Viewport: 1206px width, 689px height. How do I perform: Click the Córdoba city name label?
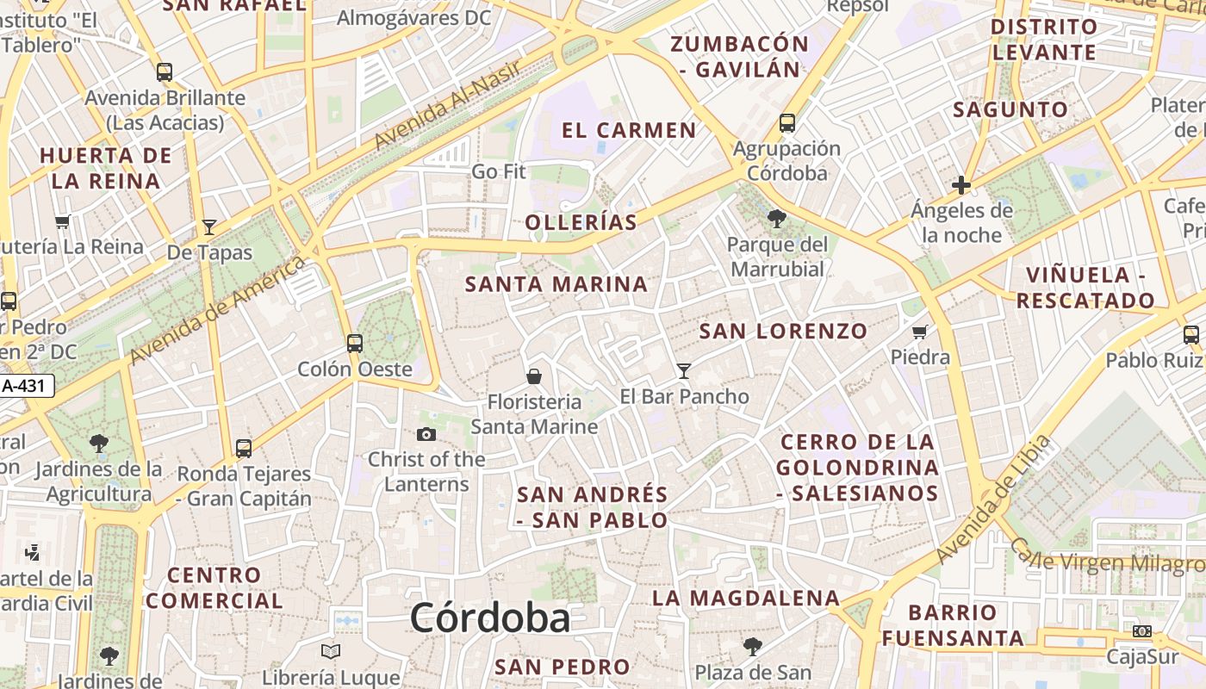489,618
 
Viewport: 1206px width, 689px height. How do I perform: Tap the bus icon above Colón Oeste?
354,343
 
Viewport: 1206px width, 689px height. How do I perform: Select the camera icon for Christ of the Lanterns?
426,434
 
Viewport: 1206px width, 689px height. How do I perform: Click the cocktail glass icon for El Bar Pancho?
684,370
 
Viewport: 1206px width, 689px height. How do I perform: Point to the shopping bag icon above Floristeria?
534,376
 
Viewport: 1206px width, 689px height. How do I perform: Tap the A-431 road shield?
27,386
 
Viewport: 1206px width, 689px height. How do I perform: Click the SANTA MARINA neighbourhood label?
556,284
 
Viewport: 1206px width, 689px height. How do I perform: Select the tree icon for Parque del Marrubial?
776,219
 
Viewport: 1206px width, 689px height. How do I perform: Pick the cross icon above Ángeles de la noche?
961,185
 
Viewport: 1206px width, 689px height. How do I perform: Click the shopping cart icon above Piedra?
920,332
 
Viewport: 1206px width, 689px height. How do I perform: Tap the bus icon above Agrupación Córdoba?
787,122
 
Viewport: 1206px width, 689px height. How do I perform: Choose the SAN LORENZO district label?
783,331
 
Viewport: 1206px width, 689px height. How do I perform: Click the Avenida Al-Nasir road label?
448,104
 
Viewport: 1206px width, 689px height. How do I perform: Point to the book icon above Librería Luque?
331,651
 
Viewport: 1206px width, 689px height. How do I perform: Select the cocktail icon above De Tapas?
209,227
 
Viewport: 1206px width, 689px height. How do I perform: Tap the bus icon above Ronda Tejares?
244,448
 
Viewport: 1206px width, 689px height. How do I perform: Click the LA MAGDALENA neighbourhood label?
745,598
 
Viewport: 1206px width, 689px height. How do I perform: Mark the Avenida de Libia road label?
995,499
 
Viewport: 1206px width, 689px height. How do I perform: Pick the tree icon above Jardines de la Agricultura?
99,444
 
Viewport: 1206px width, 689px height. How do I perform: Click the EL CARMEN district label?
629,131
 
